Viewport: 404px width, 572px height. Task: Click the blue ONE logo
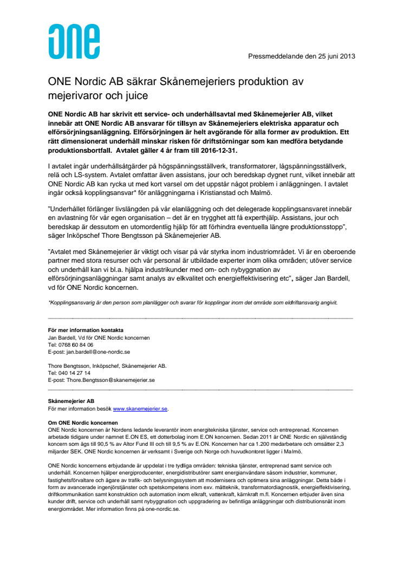tap(74, 42)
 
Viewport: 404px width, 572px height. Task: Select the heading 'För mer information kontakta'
tap(86, 330)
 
